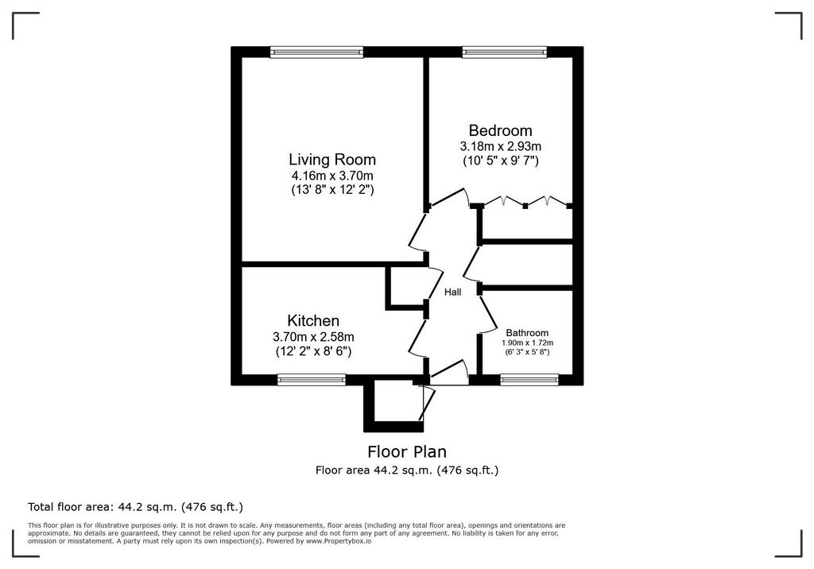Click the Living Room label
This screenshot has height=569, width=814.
[x=332, y=159]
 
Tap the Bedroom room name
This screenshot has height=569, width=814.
[x=500, y=130]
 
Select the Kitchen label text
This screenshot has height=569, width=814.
[x=313, y=320]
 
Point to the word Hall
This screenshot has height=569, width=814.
[x=452, y=292]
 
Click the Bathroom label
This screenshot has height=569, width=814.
[x=527, y=333]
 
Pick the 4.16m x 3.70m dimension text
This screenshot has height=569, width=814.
[x=332, y=176]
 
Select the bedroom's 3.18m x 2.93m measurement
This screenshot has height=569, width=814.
[x=501, y=146]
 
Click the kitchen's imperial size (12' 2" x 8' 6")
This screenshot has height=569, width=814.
[x=313, y=351]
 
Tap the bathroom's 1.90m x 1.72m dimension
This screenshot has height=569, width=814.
[x=528, y=343]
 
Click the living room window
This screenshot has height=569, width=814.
[x=316, y=52]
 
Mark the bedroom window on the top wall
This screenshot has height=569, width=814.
[x=505, y=52]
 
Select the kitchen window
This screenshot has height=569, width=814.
[x=312, y=380]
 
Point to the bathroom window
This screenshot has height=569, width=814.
[x=529, y=380]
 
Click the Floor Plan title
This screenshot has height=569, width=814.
[x=407, y=451]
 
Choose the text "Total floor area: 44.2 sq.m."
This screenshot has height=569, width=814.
[x=104, y=507]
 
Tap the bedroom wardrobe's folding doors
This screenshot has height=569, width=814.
[x=525, y=202]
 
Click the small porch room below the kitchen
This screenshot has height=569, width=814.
[x=394, y=408]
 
